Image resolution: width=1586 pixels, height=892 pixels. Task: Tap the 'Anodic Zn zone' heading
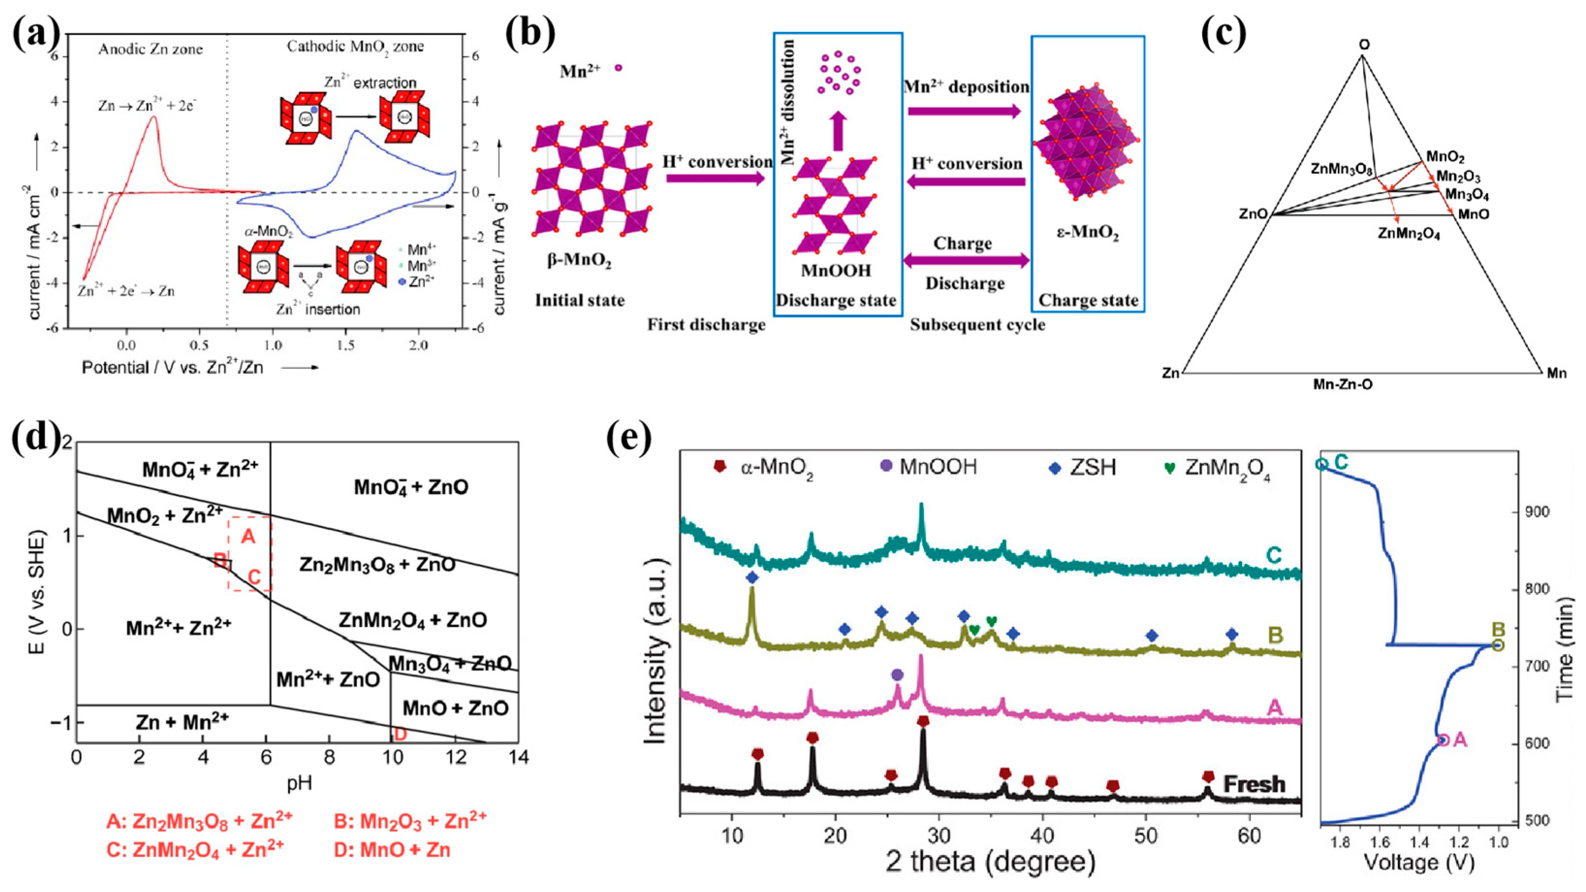point(150,49)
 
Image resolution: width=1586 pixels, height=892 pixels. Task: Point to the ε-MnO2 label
point(1088,235)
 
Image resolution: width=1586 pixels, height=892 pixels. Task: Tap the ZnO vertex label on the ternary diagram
point(1254,214)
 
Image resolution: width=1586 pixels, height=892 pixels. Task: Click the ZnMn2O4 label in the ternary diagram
point(1409,234)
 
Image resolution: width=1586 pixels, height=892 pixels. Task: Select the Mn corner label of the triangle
point(1556,373)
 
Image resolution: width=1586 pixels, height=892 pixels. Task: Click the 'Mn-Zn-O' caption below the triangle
point(1343,384)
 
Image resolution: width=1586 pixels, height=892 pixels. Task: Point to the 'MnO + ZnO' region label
point(455,708)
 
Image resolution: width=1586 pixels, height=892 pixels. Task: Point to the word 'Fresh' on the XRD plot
point(1254,784)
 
